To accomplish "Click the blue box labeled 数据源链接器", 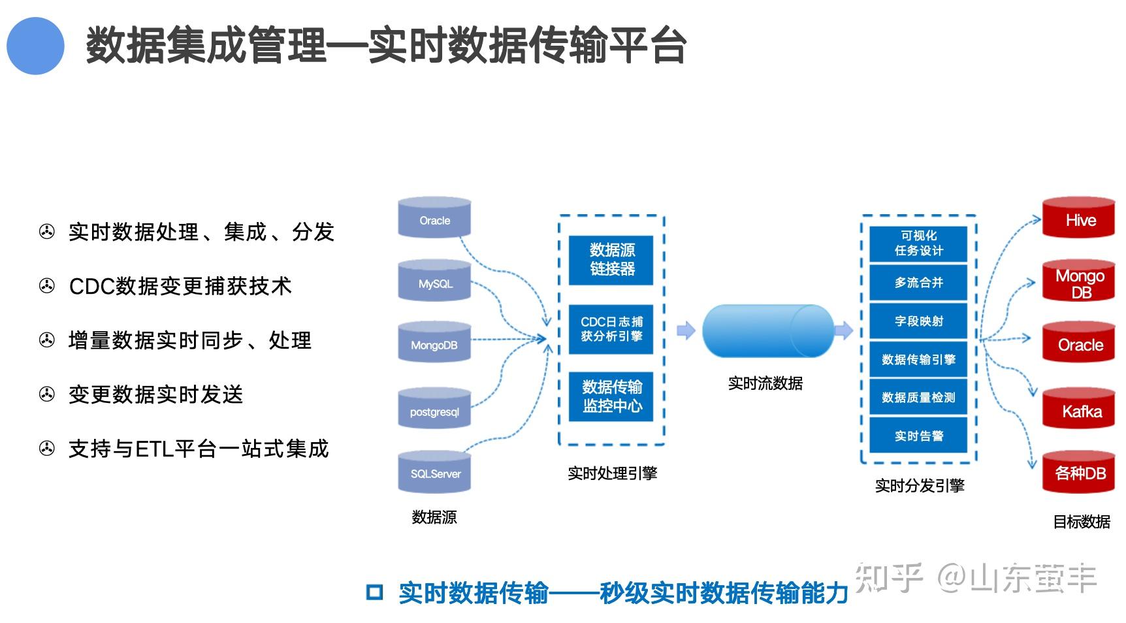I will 611,259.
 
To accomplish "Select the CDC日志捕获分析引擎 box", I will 611,328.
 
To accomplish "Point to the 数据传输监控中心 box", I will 611,396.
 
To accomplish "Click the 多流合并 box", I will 918,282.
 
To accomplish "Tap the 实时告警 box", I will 918,436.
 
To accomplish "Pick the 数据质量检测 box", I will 918,397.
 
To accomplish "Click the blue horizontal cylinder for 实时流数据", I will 768,330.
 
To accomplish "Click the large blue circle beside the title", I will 35,46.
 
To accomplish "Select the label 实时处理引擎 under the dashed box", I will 612,473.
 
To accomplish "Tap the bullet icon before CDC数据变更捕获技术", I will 47,286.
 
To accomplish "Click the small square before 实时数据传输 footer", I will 374,592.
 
